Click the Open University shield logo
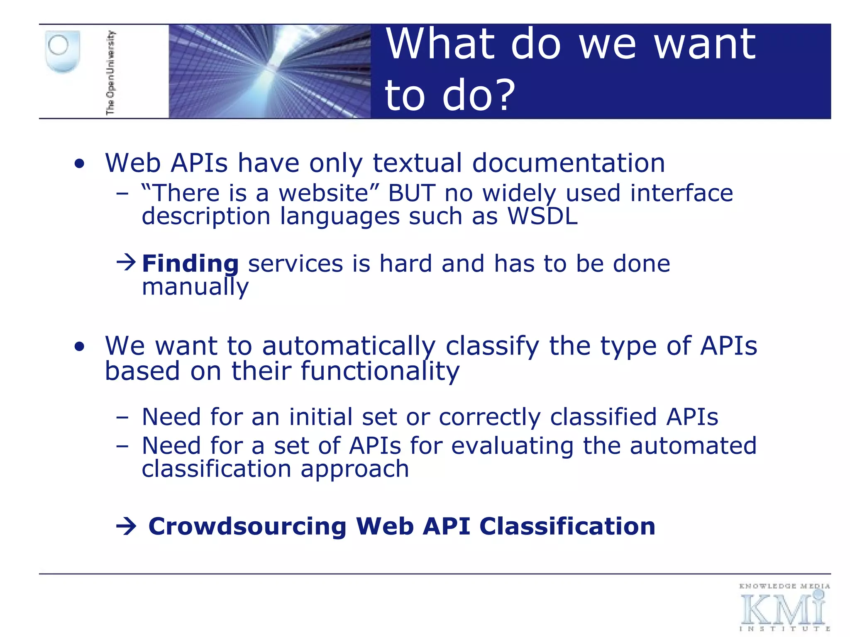coord(62,52)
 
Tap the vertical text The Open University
coord(110,73)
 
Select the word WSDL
coord(542,216)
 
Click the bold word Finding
coord(190,264)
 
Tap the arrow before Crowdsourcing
coord(126,527)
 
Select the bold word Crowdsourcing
coord(247,527)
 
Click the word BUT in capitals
coord(411,193)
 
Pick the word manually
coord(195,287)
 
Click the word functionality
coord(380,371)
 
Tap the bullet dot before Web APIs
coord(80,164)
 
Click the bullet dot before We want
coord(80,347)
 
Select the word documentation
coord(569,163)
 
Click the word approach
coord(355,469)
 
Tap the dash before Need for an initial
coord(122,417)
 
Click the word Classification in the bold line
coord(567,527)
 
